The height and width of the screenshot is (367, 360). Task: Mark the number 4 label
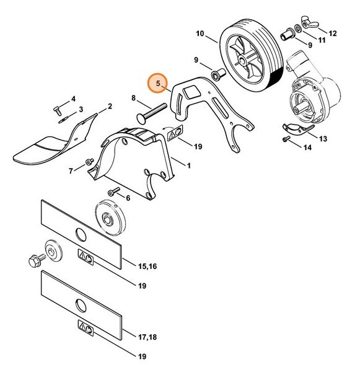pyautogui.click(x=73, y=99)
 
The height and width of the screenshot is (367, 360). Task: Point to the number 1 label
pyautogui.click(x=188, y=166)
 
